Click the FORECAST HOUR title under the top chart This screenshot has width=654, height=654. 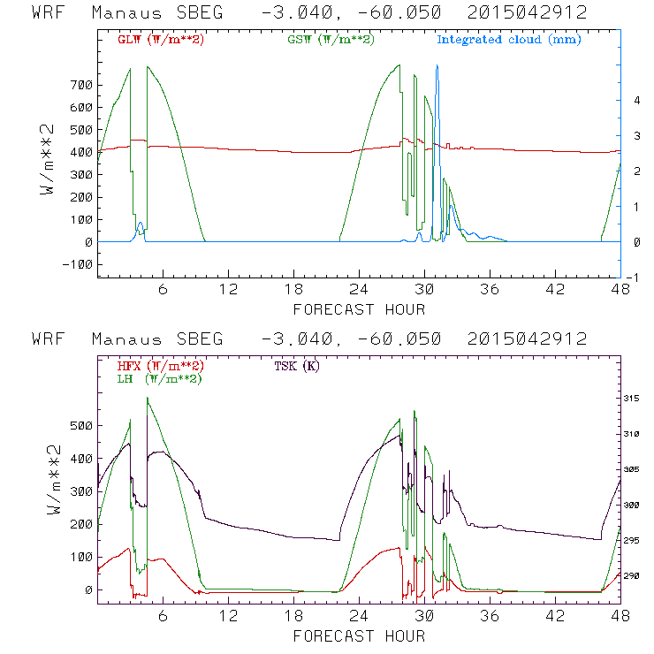(359, 309)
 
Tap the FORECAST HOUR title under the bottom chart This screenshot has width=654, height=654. (359, 635)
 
